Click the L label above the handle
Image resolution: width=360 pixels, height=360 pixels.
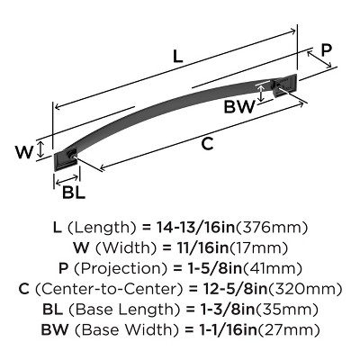tap(178, 56)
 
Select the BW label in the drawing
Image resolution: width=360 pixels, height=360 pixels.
tap(239, 107)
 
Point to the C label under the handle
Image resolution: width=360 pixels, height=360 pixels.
tap(207, 144)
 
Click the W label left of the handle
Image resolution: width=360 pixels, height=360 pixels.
tap(24, 152)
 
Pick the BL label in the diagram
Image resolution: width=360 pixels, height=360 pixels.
tap(74, 192)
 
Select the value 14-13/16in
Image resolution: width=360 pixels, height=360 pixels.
tap(195, 228)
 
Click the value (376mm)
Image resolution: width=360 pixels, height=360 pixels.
tap(272, 228)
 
